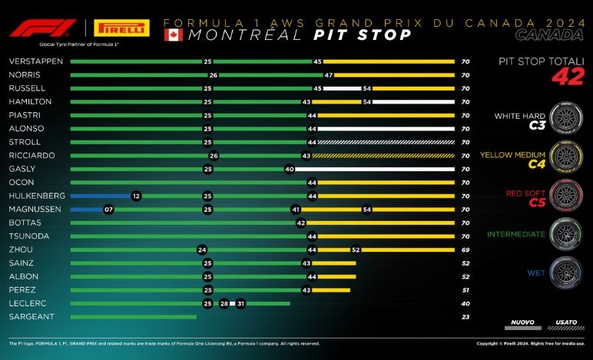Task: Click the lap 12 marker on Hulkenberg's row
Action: point(136,196)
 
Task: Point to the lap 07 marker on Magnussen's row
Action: point(108,209)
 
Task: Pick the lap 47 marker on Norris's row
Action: point(328,74)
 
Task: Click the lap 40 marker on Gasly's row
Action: point(290,168)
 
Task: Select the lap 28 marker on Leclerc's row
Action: point(224,302)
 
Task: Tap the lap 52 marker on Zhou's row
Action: point(356,249)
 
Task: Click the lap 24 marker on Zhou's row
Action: point(202,249)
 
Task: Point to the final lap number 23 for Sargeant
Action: point(465,316)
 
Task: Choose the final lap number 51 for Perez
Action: point(465,289)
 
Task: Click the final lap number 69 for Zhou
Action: point(465,249)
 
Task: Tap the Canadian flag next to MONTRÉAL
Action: point(174,35)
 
